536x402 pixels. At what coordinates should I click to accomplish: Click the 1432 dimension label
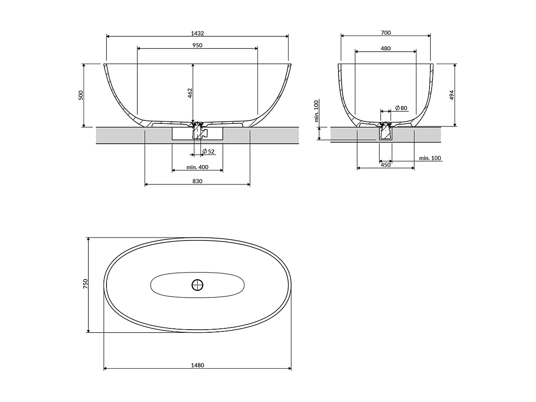click(197, 33)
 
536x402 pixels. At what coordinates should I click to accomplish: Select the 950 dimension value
click(197, 45)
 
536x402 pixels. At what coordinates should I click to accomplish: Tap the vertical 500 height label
click(81, 95)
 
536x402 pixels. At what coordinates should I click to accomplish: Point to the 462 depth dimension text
click(190, 93)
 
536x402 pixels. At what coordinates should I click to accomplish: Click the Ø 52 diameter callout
click(208, 152)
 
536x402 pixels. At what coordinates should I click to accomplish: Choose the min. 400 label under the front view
click(197, 167)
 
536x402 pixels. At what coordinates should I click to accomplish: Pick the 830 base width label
click(197, 181)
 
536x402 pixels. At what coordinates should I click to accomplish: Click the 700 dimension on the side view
click(385, 33)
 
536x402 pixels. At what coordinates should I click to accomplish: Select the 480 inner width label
click(385, 48)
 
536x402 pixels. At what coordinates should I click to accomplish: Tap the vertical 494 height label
click(452, 95)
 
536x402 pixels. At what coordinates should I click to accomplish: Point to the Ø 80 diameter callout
click(401, 108)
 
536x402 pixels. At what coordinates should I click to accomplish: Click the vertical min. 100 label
click(316, 110)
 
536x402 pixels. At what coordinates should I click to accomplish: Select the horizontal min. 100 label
click(430, 158)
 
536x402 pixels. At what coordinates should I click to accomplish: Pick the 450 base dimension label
click(385, 165)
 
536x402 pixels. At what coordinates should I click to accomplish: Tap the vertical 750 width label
click(85, 284)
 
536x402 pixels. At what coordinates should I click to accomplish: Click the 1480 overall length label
click(197, 365)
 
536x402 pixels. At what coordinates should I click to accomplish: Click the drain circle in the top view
click(197, 285)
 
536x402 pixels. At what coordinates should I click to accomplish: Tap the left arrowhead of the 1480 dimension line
click(106, 369)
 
